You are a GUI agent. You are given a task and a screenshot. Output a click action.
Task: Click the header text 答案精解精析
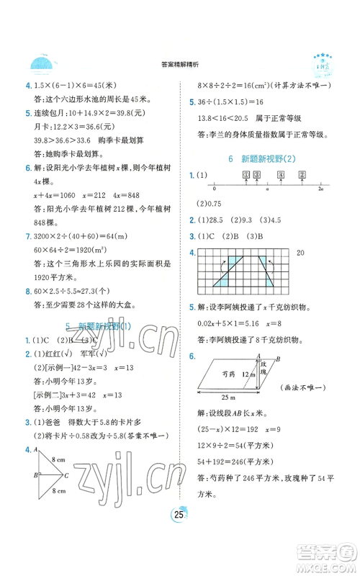(x=179, y=64)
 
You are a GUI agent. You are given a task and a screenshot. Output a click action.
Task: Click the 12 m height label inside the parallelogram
(x=248, y=374)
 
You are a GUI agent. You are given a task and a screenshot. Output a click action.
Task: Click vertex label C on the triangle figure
(x=67, y=476)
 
